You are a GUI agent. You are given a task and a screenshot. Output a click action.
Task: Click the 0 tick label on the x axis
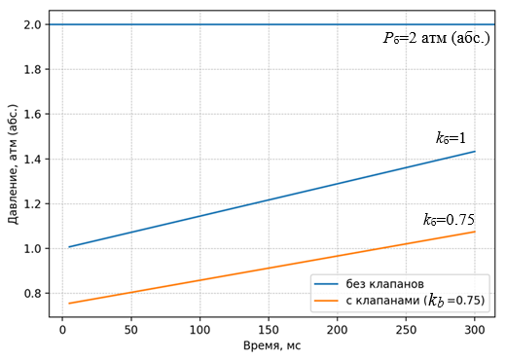coord(62,330)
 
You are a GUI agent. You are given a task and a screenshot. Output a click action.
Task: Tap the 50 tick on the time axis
coord(131,330)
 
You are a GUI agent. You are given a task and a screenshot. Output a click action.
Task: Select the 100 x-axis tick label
coord(199,330)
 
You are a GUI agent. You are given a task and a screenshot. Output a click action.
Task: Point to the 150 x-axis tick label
coord(269,330)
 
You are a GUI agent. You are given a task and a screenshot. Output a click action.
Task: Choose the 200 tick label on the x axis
coord(338,330)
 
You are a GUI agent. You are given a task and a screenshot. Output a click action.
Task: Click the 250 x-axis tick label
coord(406,330)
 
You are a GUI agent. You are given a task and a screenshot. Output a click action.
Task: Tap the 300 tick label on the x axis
coord(475,330)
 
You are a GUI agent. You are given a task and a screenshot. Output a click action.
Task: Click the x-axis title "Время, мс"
coord(271,346)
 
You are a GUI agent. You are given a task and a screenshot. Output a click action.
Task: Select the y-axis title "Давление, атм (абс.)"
coord(13,164)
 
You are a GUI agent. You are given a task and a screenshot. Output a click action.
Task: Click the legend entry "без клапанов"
coord(384,284)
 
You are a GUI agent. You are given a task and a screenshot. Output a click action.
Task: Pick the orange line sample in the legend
coord(326,301)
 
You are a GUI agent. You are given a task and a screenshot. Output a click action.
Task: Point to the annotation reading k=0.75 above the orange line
coord(449,220)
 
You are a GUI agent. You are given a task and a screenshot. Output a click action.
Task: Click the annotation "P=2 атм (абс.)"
coord(437,38)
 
